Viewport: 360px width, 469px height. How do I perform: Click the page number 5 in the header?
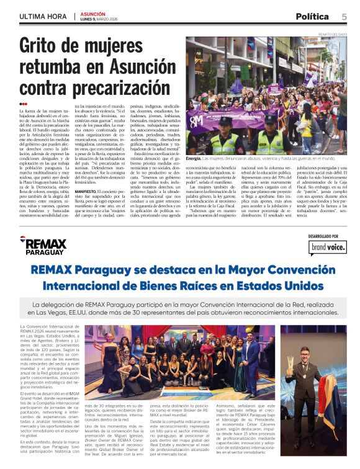click(x=344, y=17)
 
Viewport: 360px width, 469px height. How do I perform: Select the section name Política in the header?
click(x=312, y=17)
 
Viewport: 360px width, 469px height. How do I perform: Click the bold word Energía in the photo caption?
click(x=194, y=159)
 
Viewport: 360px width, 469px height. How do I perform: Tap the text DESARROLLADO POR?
click(x=325, y=236)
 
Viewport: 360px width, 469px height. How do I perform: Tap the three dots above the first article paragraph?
click(x=23, y=104)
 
